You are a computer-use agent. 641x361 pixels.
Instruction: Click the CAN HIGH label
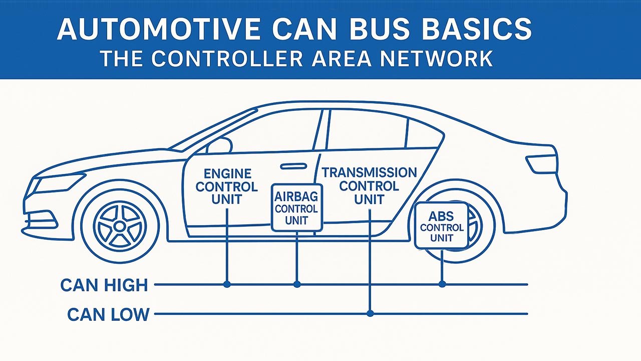104,285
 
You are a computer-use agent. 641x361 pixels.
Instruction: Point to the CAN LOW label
108,314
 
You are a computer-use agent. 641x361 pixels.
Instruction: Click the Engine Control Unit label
226,187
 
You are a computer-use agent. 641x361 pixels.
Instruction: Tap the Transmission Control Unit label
369,186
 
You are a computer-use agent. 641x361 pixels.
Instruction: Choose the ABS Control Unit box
441,226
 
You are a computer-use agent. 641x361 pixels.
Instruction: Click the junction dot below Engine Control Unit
227,284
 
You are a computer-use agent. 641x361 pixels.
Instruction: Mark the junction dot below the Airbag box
297,284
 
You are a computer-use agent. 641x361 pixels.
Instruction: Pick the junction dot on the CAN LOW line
370,314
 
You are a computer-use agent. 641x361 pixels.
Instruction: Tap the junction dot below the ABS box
442,284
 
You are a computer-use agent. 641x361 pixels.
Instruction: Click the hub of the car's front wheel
120,227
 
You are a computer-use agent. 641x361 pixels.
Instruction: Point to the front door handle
293,166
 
